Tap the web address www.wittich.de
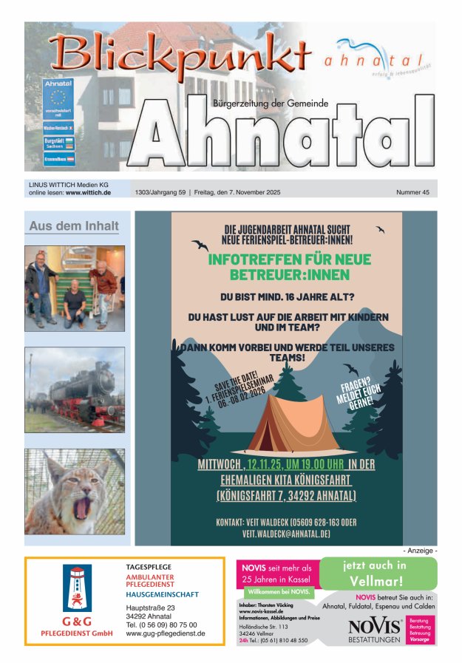pos(88,192)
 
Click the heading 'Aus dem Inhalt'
pos(74,226)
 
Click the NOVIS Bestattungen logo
pos(374,629)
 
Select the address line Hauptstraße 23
pos(150,608)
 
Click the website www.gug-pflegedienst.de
pos(165,633)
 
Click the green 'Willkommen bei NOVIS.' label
pos(279,592)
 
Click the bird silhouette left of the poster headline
pos(200,245)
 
